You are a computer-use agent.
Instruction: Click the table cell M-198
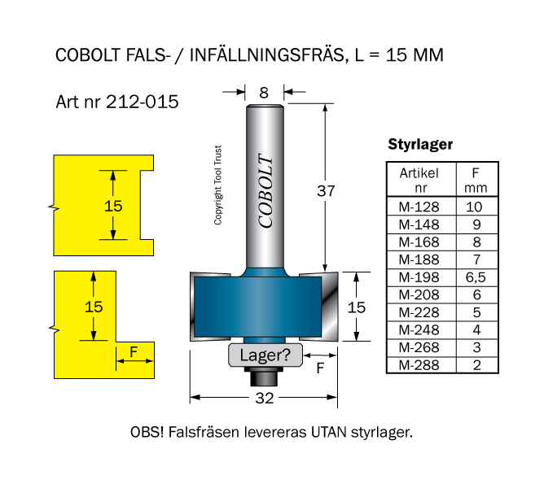(x=419, y=277)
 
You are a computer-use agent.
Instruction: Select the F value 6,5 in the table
(x=475, y=277)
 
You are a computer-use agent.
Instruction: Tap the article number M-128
(x=419, y=207)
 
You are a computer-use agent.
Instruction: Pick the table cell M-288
(x=419, y=365)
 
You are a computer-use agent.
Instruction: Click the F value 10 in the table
(x=475, y=207)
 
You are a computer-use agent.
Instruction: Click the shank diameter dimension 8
(x=264, y=93)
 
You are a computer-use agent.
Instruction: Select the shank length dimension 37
(x=326, y=191)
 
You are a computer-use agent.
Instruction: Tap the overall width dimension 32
(x=264, y=398)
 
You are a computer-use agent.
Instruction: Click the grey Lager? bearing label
(x=265, y=355)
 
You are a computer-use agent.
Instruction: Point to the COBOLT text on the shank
(x=265, y=191)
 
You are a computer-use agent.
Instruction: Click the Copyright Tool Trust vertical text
(x=218, y=185)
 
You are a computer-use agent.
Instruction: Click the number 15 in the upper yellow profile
(x=114, y=206)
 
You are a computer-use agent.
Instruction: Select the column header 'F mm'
(x=475, y=181)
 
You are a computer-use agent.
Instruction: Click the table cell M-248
(x=419, y=330)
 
